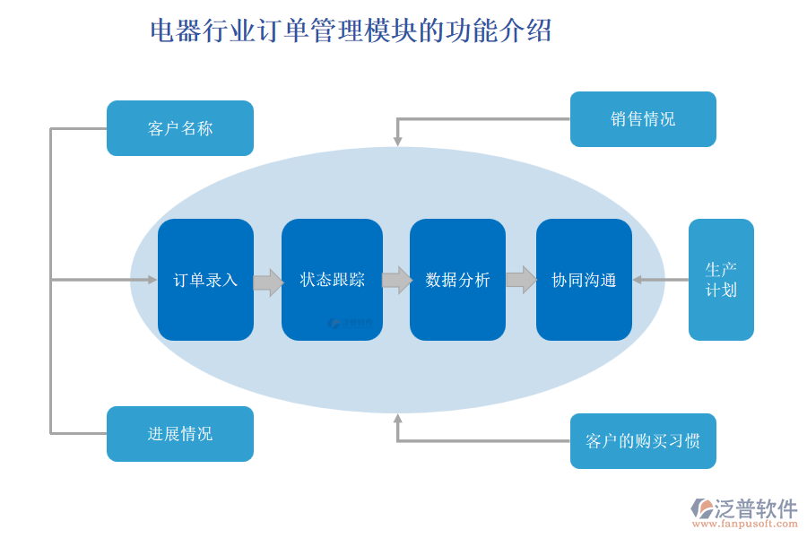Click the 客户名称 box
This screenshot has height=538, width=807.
pyautogui.click(x=179, y=128)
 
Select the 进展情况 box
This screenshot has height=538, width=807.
pyautogui.click(x=179, y=434)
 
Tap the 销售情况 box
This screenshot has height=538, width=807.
pyautogui.click(x=643, y=119)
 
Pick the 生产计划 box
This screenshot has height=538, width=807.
pyautogui.click(x=721, y=280)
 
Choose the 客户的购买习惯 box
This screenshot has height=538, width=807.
pyautogui.click(x=643, y=441)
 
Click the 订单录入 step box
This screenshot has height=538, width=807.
pyautogui.click(x=205, y=280)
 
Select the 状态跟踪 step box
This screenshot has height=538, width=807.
pyautogui.click(x=332, y=280)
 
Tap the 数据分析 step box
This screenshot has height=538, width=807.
pyautogui.click(x=457, y=280)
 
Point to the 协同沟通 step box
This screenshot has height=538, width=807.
pyautogui.click(x=584, y=280)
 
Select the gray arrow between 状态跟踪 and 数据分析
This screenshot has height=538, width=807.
pyautogui.click(x=396, y=280)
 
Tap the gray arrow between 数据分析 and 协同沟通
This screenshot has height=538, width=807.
pyautogui.click(x=521, y=280)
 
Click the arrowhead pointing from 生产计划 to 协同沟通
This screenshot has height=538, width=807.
pyautogui.click(x=638, y=280)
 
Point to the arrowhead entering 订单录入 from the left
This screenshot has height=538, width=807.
pyautogui.click(x=152, y=280)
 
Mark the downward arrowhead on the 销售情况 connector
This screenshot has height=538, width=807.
pyautogui.click(x=397, y=141)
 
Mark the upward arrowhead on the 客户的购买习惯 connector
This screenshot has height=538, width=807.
pyautogui.click(x=397, y=419)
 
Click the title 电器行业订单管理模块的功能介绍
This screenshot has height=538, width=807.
pyautogui.click(x=351, y=31)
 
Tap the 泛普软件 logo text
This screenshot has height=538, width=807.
pyautogui.click(x=755, y=508)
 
